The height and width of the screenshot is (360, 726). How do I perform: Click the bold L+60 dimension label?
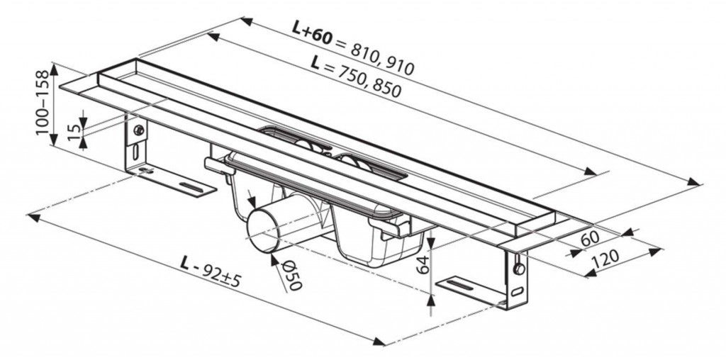click(x=312, y=31)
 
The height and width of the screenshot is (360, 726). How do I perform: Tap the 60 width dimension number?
click(x=590, y=240)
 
